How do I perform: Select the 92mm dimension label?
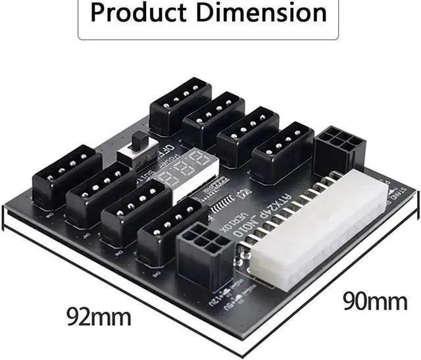point(99,316)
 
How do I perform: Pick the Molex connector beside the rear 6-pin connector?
point(282,151)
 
